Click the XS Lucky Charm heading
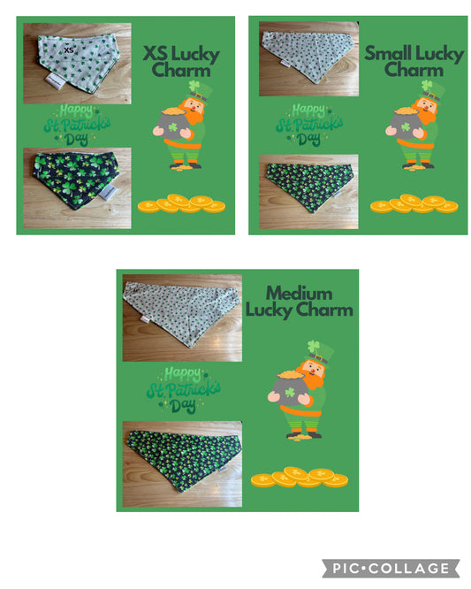click(x=181, y=63)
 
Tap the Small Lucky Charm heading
click(x=414, y=62)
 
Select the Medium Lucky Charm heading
click(x=299, y=301)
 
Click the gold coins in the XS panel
click(x=181, y=204)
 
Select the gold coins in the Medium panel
click(x=299, y=478)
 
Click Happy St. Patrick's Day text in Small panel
click(x=307, y=125)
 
